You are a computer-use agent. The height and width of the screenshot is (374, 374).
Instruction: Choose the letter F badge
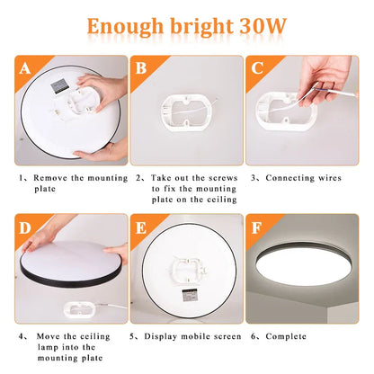258,227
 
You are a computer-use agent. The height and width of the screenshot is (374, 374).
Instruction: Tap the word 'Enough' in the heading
125,24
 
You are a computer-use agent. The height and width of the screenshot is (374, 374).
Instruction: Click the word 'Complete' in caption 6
293,336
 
